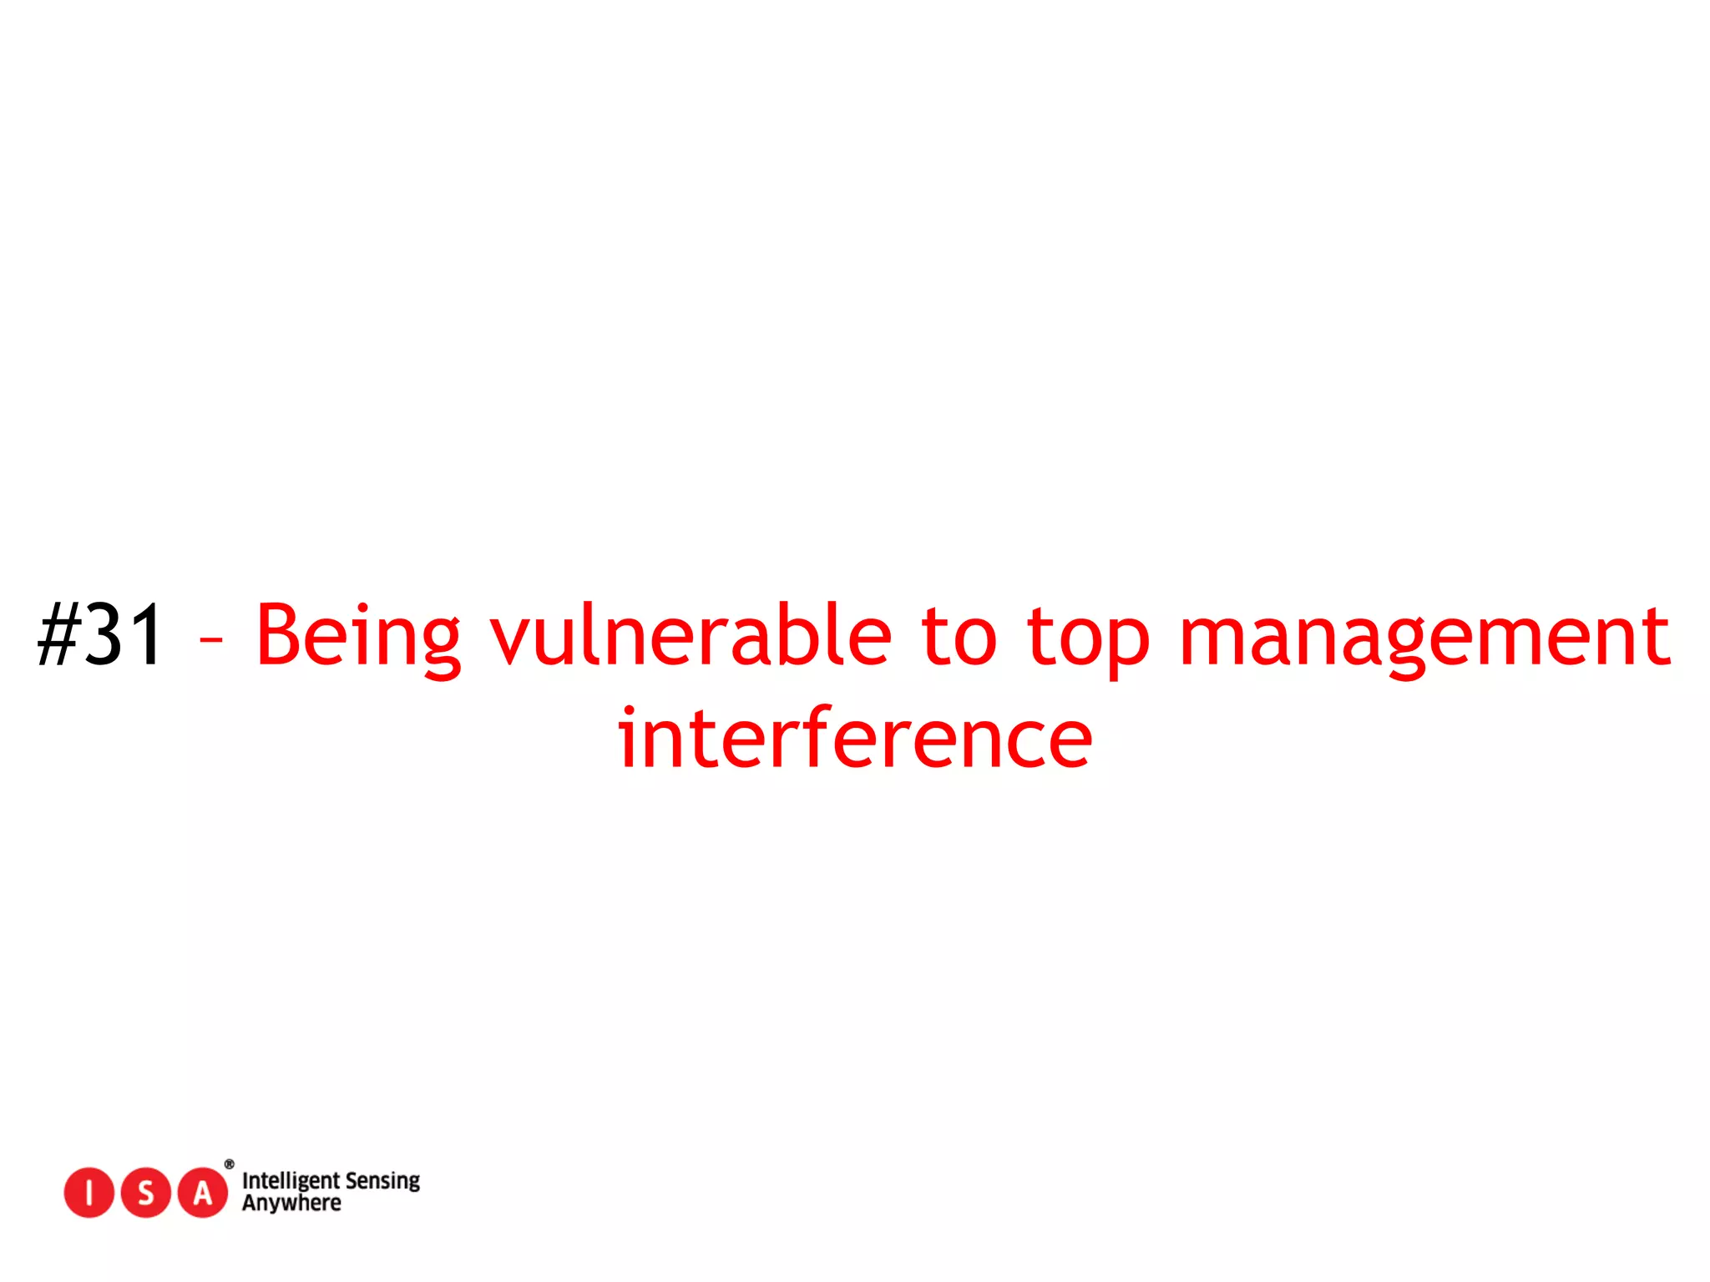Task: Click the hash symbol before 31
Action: (58, 635)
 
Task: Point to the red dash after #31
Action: (211, 640)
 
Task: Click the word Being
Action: (358, 637)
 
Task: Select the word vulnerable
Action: (691, 635)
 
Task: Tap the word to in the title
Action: (959, 637)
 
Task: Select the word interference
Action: (855, 739)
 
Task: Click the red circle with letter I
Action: (89, 1193)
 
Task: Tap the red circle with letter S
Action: (146, 1193)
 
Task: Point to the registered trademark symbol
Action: (230, 1164)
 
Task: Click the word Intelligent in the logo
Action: (291, 1181)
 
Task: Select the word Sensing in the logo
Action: (382, 1181)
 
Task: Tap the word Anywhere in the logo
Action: (291, 1203)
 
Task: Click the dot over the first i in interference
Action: (629, 712)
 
